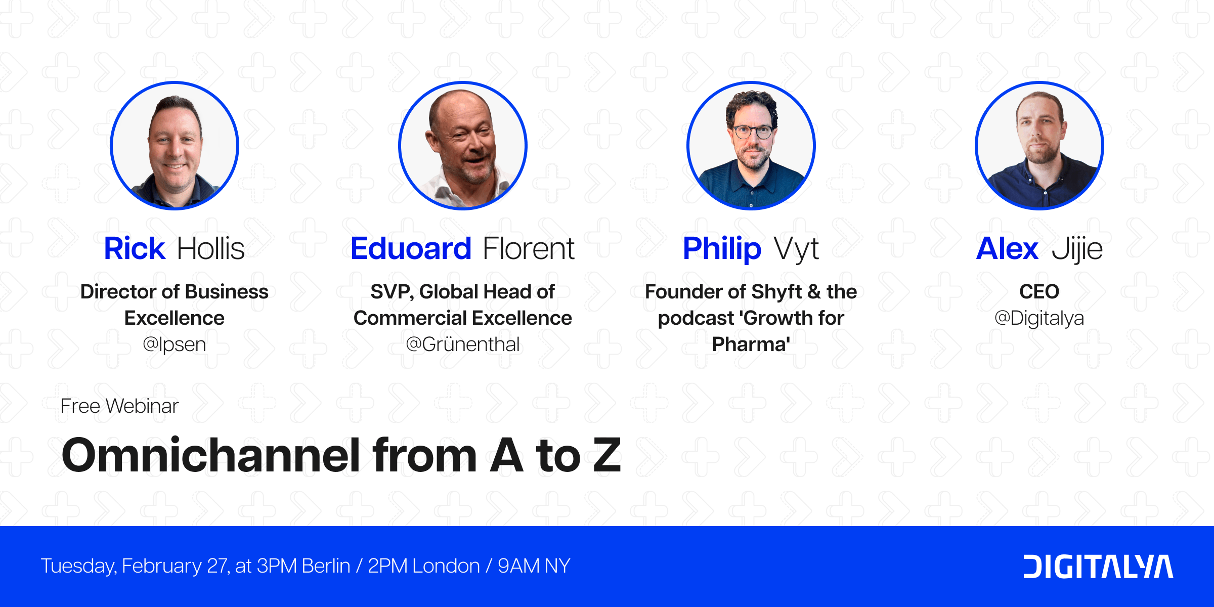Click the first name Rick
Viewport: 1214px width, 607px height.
click(134, 248)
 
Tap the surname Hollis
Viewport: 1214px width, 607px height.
click(211, 248)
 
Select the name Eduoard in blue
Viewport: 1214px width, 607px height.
click(411, 248)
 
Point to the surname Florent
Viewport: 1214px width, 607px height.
click(529, 248)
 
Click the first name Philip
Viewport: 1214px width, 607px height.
click(722, 248)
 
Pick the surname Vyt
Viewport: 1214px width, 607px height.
click(797, 249)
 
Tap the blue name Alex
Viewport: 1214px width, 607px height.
click(1007, 248)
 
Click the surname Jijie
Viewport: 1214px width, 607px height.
click(1077, 249)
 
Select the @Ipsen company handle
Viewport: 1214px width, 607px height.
click(175, 344)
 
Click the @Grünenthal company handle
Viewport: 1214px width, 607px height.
click(463, 344)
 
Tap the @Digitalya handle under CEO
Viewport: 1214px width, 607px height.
click(1039, 318)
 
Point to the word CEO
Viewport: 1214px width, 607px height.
click(1039, 292)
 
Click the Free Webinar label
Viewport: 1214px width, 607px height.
click(119, 406)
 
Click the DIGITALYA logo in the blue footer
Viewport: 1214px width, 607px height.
click(1098, 567)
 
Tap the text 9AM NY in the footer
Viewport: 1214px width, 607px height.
click(534, 566)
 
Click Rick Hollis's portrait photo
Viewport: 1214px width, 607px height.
click(175, 146)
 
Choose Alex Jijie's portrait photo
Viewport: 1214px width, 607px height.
click(1039, 146)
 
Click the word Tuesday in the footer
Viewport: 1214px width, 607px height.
click(78, 566)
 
